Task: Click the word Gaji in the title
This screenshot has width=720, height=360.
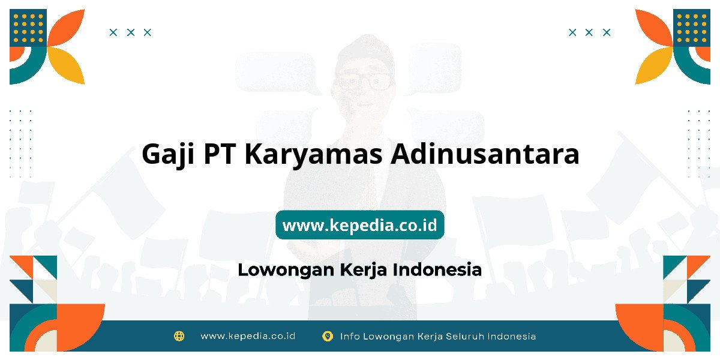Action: pos(168,155)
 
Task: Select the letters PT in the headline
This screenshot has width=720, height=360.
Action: pos(220,154)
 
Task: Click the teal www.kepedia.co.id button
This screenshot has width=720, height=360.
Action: pos(359,224)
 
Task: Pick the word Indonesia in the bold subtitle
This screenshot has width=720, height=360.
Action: pos(437,269)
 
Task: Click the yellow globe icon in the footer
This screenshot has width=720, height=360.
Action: pos(179,336)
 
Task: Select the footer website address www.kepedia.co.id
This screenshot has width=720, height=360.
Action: pos(248,336)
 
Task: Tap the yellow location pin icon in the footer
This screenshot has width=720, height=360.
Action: pos(328,336)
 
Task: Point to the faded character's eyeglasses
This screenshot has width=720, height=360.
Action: pos(365,82)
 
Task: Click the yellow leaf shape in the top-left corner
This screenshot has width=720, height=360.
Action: pos(67,65)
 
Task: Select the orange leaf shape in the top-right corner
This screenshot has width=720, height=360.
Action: pos(654,28)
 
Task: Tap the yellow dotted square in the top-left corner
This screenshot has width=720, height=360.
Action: pos(28,28)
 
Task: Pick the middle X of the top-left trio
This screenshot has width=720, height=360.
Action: pos(131,32)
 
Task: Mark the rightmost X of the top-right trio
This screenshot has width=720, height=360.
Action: pos(607,32)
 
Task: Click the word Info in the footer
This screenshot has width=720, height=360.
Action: pos(350,336)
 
